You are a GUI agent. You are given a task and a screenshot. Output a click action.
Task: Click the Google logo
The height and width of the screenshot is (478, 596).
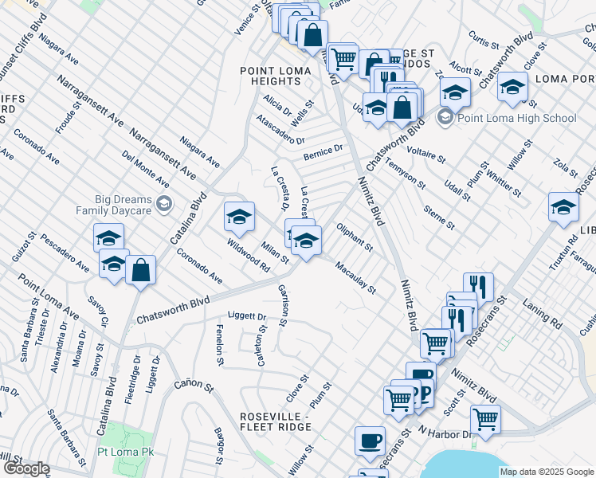click(25, 468)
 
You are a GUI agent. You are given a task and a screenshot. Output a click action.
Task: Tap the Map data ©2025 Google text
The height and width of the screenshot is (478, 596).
click(547, 472)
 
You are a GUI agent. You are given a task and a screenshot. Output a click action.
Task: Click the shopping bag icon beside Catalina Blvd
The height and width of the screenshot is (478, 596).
click(140, 270)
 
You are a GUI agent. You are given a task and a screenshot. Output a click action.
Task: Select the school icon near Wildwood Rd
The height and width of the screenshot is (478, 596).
click(239, 217)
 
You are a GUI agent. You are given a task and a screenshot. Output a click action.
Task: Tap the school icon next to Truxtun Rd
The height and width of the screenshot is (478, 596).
click(563, 208)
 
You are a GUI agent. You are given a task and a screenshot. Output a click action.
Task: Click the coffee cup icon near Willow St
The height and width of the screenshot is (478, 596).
click(369, 441)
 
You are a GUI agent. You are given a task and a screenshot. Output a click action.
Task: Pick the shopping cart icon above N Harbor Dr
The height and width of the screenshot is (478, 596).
click(485, 418)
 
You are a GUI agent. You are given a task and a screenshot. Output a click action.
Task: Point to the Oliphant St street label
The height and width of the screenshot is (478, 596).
click(355, 237)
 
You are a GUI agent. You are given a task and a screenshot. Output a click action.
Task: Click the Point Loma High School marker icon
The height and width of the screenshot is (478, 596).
click(445, 119)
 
